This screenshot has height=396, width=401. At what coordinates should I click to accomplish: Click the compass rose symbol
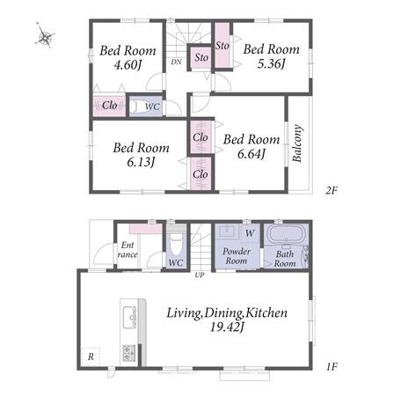pyautogui.click(x=46, y=36)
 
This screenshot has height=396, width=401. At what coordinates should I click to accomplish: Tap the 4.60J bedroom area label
pyautogui.click(x=128, y=64)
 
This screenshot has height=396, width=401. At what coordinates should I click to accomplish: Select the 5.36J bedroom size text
pyautogui.click(x=271, y=63)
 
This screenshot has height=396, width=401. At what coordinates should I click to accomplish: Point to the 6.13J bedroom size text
pyautogui.click(x=141, y=162)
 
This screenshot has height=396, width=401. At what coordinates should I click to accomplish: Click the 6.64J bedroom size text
pyautogui.click(x=252, y=153)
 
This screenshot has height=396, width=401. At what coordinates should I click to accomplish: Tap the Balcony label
pyautogui.click(x=297, y=143)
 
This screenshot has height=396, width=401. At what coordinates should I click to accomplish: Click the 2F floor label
pyautogui.click(x=332, y=191)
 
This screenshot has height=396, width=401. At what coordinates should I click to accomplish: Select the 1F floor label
pyautogui.click(x=332, y=367)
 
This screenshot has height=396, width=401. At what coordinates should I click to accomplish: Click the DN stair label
pyautogui.click(x=176, y=62)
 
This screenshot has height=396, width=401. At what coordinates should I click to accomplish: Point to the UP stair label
pyautogui.click(x=200, y=275)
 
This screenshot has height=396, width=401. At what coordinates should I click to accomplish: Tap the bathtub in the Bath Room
pyautogui.click(x=286, y=234)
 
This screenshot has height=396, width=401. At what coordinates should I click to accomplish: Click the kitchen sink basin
pyautogui.click(x=129, y=317)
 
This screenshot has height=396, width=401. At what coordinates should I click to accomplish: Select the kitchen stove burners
pyautogui.click(x=129, y=352)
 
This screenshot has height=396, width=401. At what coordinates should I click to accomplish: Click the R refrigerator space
pyautogui.click(x=91, y=356)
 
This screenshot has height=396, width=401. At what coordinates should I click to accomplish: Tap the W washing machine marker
pyautogui.click(x=250, y=233)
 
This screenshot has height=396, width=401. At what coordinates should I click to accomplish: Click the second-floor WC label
pyautogui.click(x=152, y=106)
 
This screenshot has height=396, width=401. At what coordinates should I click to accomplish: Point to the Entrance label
pyautogui.click(x=128, y=250)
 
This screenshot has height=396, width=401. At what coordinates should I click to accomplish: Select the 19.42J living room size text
pyautogui.click(x=227, y=326)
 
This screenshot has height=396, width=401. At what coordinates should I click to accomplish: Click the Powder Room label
pyautogui.click(x=237, y=256)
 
